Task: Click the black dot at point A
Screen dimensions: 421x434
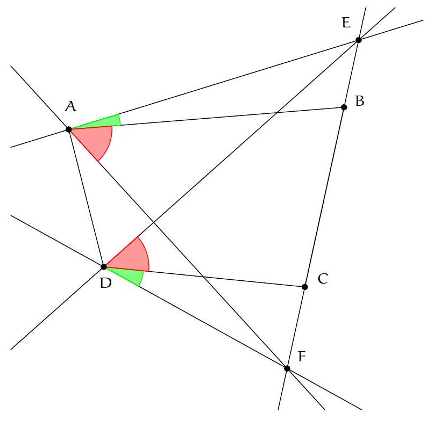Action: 69,129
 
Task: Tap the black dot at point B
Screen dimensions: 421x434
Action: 344,107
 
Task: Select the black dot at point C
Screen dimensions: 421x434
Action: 305,287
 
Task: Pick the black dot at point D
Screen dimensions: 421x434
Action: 104,266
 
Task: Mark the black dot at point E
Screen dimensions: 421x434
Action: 359,40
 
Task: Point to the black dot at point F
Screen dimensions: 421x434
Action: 287,368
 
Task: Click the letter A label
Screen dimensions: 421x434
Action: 70,107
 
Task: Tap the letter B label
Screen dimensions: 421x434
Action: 360,100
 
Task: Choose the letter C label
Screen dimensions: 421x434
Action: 323,279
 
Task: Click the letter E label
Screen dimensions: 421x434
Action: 346,23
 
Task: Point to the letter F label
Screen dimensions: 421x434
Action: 302,357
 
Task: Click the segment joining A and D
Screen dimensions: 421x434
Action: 86,198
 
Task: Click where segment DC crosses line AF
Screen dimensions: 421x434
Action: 203,277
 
